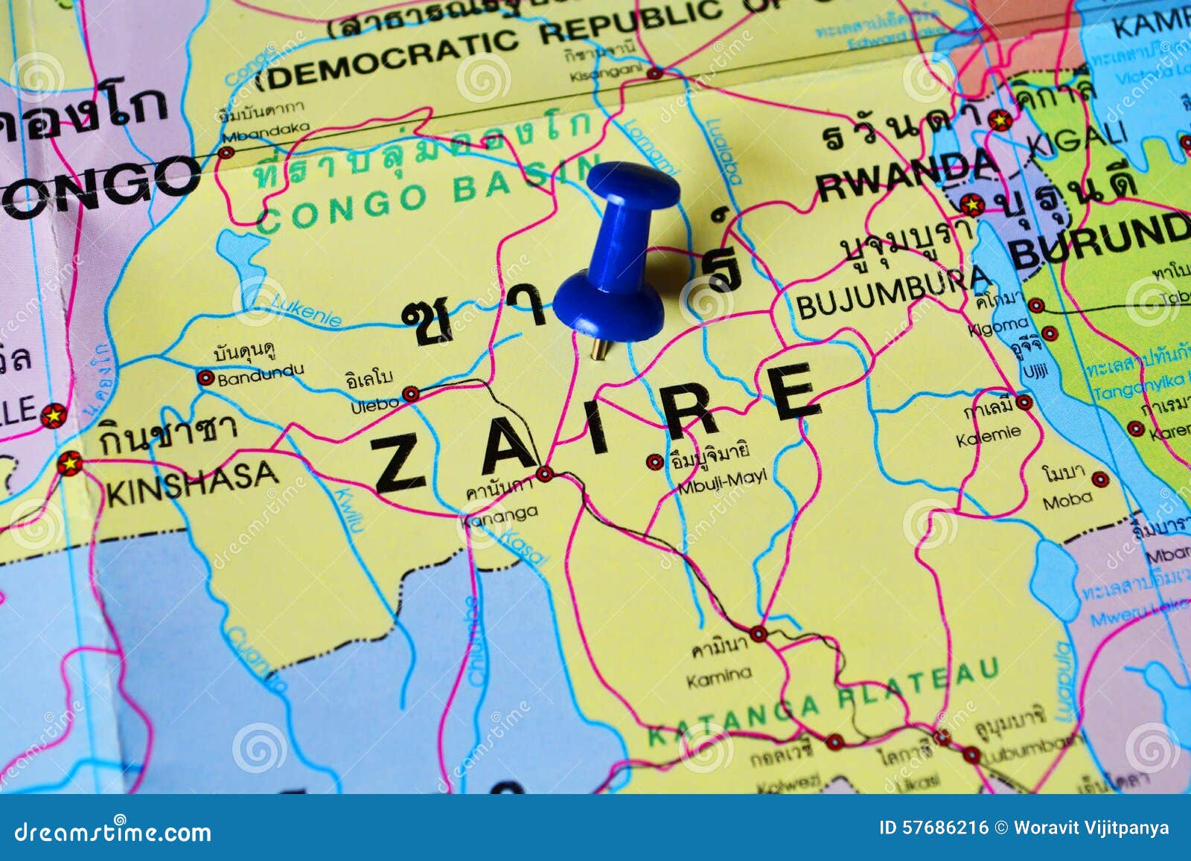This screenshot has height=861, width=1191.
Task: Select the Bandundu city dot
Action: pos(205,378)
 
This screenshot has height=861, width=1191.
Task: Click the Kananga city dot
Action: pos(545,473)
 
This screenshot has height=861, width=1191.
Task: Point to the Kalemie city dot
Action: pos(1025,403)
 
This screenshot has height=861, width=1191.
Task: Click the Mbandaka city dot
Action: pos(226,153)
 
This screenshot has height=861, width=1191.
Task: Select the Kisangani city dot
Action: pos(654,73)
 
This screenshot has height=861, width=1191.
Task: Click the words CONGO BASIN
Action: pos(428,195)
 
